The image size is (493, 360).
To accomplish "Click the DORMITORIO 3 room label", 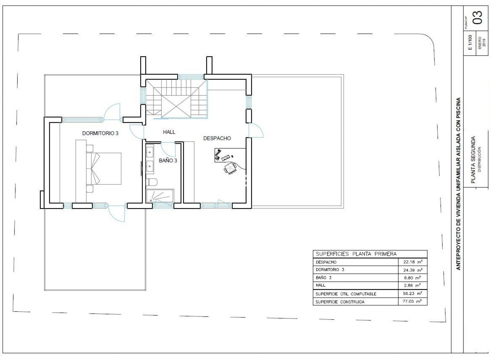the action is tap(100, 133).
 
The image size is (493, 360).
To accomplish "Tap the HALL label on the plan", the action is tap(169, 132).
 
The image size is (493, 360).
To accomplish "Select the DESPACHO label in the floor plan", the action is tap(217, 138).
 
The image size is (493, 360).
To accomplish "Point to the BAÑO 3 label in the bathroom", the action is tap(168, 161).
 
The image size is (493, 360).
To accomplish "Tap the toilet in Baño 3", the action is tap(152, 182).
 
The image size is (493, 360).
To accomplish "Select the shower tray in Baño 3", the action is tap(160, 196).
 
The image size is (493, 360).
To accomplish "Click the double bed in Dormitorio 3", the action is tap(104, 168).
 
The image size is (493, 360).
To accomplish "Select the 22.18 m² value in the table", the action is tap(413, 262).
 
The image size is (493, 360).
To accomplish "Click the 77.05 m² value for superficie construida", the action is tap(412, 301).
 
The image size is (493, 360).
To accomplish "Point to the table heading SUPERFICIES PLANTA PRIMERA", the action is tap(356, 254).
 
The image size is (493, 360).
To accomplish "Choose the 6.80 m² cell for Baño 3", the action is tap(413, 278).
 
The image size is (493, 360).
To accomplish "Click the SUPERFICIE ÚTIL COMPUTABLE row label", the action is tap(346, 294).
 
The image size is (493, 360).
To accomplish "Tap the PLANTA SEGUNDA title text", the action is tap(473, 160).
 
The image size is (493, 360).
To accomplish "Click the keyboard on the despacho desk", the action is tap(225, 157).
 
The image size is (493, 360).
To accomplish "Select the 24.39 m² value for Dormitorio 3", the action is tap(413, 270).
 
